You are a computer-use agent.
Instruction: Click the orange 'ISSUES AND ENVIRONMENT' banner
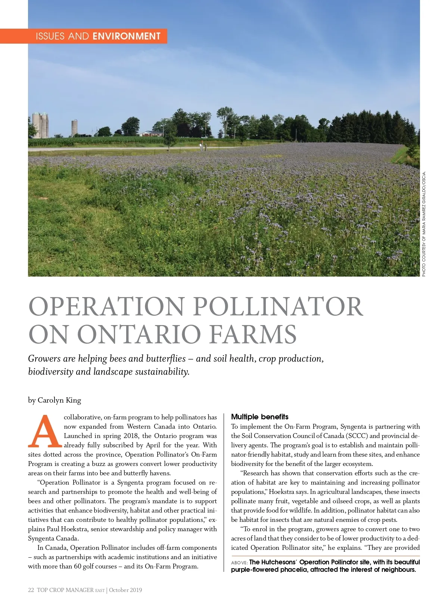coord(98,36)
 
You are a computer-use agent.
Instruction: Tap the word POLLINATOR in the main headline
coord(279,307)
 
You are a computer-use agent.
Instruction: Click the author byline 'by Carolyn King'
coord(55,400)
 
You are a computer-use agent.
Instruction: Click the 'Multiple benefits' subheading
coord(260,417)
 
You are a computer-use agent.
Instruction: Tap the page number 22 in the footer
coord(31,590)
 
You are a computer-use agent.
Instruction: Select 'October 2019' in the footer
coord(126,590)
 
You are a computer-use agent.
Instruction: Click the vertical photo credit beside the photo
coord(424,224)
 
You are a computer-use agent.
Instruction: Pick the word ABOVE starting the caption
coord(239,563)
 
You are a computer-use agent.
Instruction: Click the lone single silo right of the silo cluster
coord(75,127)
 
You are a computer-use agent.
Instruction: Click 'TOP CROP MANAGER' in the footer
coord(65,590)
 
